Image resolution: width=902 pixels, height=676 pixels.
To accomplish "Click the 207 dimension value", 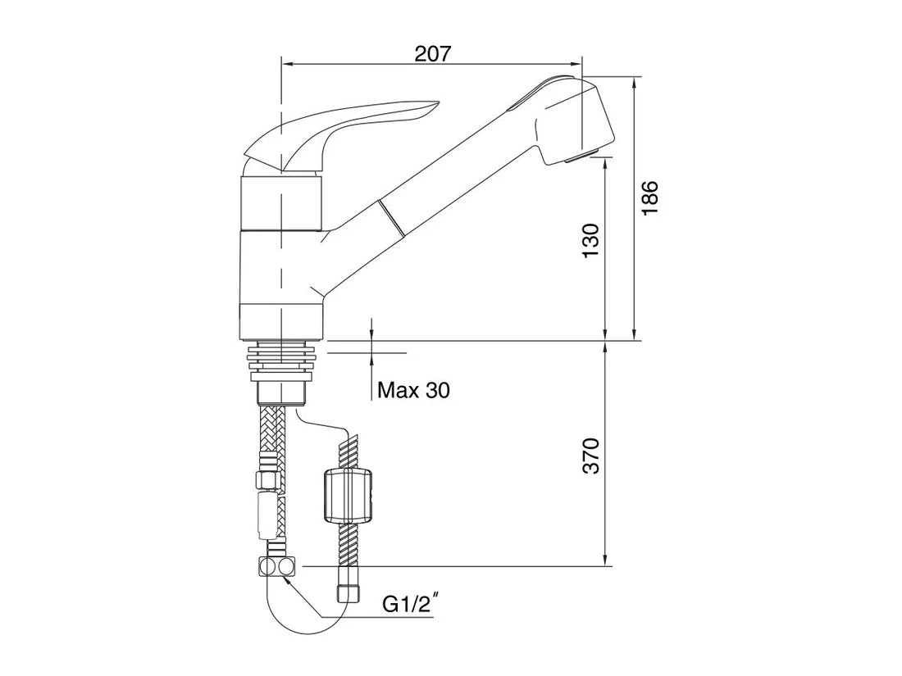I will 432,54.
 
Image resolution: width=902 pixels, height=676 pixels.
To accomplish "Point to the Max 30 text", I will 413,391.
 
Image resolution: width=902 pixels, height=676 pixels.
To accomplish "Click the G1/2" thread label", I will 411,606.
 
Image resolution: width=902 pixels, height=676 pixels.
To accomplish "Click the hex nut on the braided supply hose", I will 269,479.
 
